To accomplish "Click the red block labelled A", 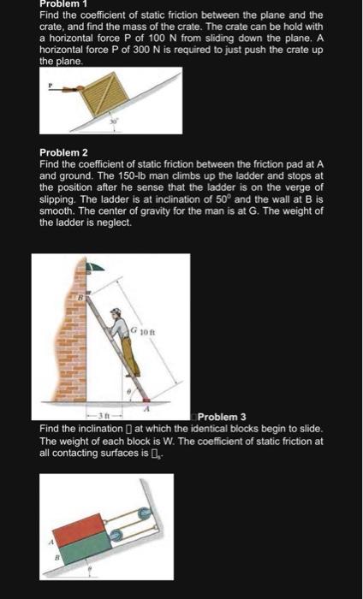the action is pos(78,528).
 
